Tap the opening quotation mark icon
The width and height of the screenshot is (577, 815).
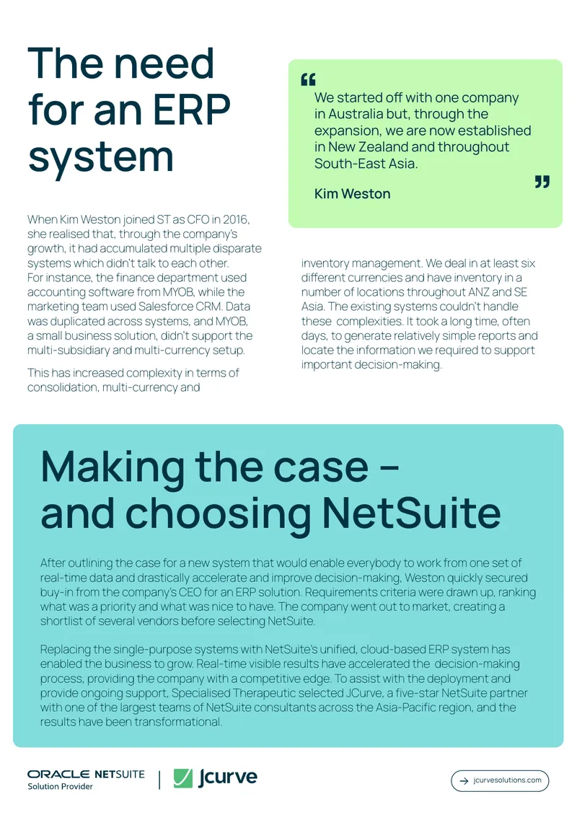point(308,79)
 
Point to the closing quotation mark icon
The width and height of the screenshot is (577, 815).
point(542,182)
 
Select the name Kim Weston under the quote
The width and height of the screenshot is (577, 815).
point(353,194)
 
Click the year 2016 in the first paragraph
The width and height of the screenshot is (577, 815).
point(235,220)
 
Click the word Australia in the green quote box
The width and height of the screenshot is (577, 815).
point(356,114)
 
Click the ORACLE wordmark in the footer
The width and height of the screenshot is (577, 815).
point(58,775)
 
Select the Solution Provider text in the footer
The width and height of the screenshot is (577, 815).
point(61,786)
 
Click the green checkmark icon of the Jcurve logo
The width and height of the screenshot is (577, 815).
point(183,778)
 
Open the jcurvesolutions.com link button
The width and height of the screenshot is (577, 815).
point(500,780)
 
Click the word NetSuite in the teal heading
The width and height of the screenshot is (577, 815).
point(412,514)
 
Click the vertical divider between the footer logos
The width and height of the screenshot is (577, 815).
point(159,780)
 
